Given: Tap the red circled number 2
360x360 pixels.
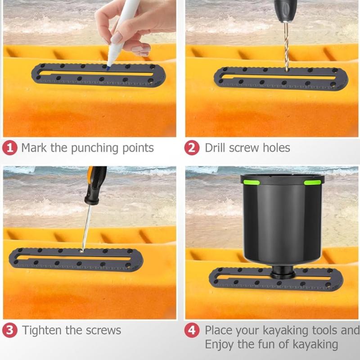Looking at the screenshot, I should (x=192, y=148).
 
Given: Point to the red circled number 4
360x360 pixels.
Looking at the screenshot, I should (x=192, y=330).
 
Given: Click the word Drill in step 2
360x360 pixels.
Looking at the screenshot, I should (x=215, y=148).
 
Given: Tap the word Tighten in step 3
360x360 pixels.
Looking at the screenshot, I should (x=42, y=330).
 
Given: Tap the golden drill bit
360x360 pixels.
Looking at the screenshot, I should (x=286, y=45).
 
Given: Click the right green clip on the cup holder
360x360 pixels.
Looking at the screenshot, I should (x=312, y=182).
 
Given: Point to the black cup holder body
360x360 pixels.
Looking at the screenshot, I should (x=282, y=220).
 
